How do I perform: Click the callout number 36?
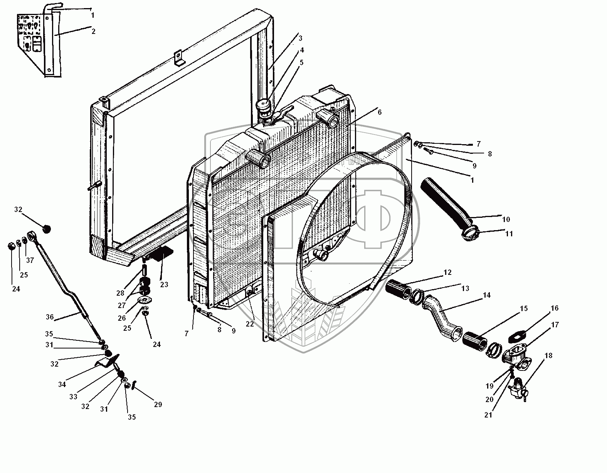[49, 317]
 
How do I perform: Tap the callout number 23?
[164, 285]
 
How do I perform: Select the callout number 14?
[486, 295]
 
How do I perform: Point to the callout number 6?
[379, 112]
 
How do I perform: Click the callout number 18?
[548, 355]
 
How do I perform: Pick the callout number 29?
[158, 404]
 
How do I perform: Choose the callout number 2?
[93, 31]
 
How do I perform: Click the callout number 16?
[554, 308]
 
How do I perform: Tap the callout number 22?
[250, 324]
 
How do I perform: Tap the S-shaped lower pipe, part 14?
[441, 314]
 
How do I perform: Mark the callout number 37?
[30, 260]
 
